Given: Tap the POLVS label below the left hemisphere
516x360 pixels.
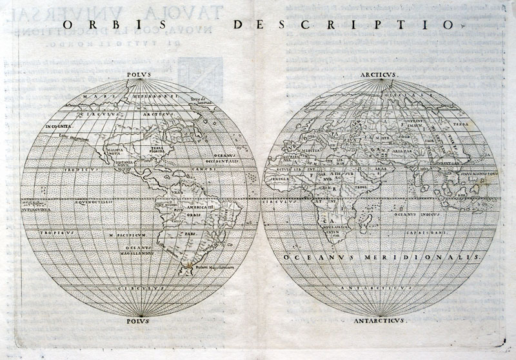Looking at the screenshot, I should coord(140,319).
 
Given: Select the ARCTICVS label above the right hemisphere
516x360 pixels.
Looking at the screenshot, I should coord(381,74).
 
